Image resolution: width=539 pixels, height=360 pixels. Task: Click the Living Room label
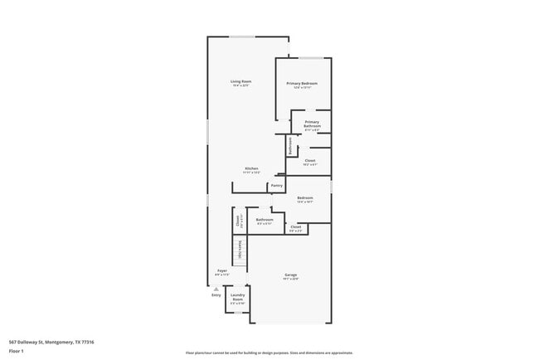(x=240, y=80)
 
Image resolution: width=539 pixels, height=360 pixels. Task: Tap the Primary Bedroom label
(x=302, y=84)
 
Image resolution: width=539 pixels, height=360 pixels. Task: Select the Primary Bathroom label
(x=312, y=122)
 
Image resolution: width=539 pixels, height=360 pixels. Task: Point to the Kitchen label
(x=251, y=168)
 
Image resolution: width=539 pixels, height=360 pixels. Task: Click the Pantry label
(x=277, y=186)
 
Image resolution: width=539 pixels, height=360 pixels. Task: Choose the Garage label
(x=291, y=275)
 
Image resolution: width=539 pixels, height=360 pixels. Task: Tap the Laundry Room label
(x=237, y=297)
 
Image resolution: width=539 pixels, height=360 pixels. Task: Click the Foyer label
(x=222, y=270)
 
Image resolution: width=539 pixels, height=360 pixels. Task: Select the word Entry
(x=216, y=295)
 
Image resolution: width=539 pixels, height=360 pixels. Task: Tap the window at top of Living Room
(x=242, y=36)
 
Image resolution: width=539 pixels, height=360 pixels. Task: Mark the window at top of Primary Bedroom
(x=311, y=58)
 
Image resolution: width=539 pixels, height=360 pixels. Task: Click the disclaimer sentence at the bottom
(x=269, y=353)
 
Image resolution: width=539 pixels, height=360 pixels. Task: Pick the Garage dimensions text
(x=291, y=279)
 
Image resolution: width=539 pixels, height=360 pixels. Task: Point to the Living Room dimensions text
(x=240, y=85)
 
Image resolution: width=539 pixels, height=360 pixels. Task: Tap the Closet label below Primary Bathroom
(x=310, y=160)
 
